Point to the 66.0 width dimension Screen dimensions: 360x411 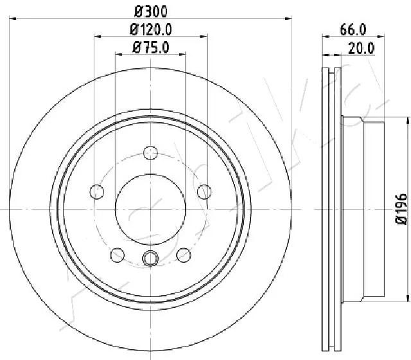(352, 29)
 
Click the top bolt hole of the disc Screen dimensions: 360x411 (151, 153)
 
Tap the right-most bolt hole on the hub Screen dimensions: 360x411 (204, 191)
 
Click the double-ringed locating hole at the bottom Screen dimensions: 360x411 (151, 258)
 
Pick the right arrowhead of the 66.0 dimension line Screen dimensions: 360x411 (383, 37)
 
